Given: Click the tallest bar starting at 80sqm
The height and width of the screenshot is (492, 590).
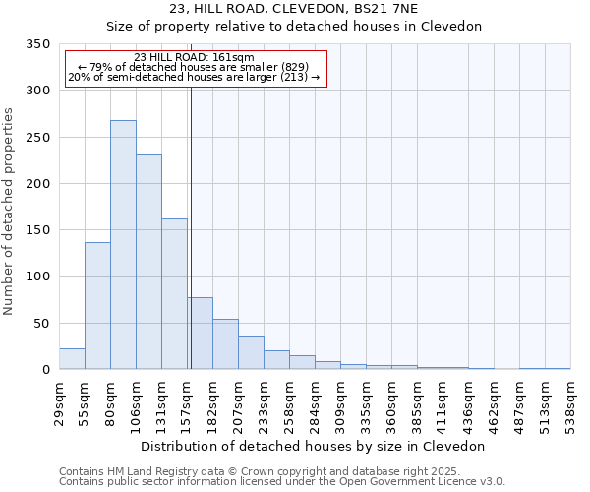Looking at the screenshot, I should tap(123, 245).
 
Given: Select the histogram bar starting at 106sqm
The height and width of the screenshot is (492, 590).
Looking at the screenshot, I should tap(148, 262).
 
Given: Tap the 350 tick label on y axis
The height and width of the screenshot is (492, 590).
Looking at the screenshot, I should tap(38, 44).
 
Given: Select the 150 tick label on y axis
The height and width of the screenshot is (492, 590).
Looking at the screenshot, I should tap(38, 230).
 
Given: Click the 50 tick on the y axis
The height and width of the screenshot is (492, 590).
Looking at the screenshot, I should tap(42, 324).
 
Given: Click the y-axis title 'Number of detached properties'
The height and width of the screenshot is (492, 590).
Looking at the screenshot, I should tap(10, 212).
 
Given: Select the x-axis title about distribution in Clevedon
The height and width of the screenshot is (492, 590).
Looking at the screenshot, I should tap(313, 446).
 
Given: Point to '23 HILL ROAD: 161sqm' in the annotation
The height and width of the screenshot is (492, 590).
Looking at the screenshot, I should tap(194, 57).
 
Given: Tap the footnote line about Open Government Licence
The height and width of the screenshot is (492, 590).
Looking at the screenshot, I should tap(282, 482).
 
